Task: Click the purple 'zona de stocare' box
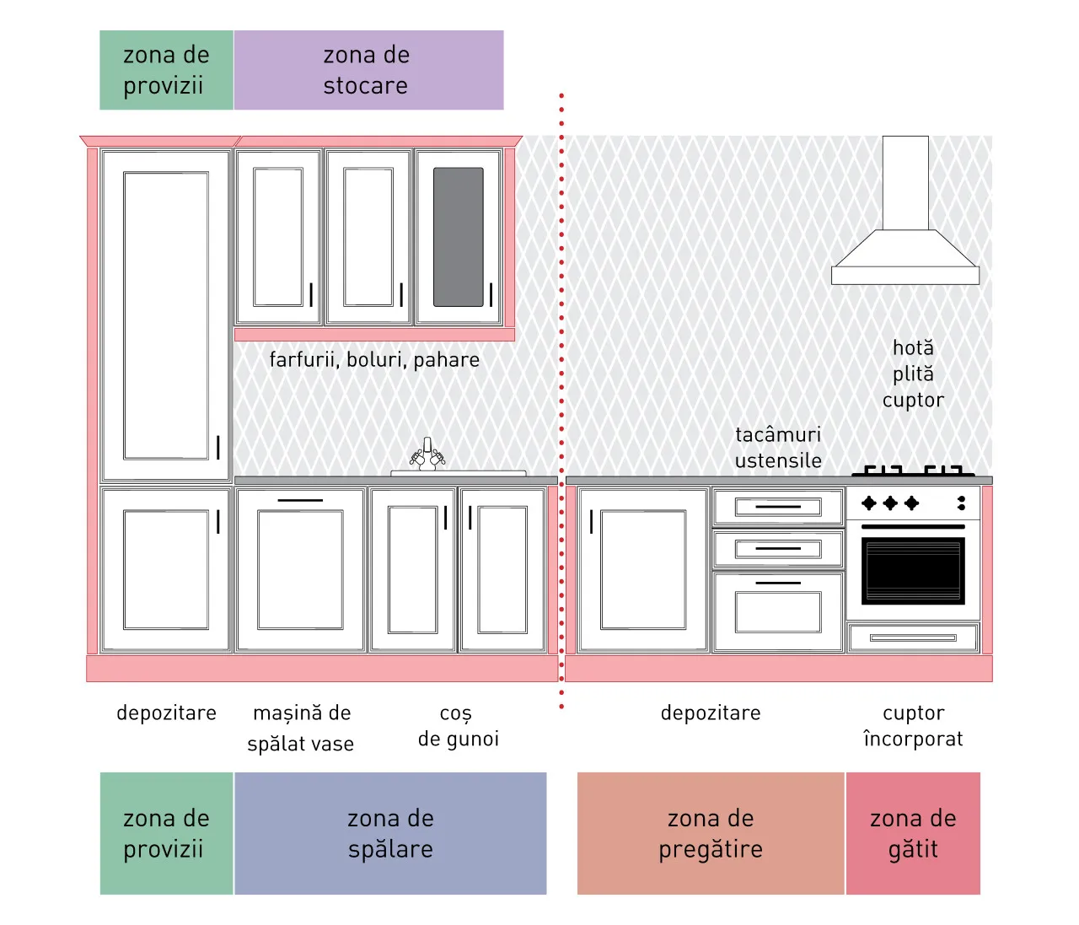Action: (368, 70)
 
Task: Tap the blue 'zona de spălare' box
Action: (390, 833)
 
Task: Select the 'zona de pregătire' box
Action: (711, 833)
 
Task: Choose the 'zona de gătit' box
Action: (913, 833)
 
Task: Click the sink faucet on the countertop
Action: (427, 454)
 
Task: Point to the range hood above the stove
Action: (905, 210)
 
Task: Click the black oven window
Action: (913, 571)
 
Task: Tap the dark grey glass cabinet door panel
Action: (459, 237)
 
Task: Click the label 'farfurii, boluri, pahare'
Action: (374, 360)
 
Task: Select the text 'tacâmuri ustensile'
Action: (778, 448)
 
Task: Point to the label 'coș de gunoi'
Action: (459, 726)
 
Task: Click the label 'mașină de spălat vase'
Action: (301, 728)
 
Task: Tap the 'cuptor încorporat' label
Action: (913, 726)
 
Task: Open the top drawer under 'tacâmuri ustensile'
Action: (778, 507)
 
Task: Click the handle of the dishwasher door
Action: (300, 500)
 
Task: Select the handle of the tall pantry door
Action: (218, 448)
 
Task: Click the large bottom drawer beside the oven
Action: (778, 611)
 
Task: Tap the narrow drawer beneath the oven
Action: (913, 637)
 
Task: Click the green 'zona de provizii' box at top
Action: (167, 70)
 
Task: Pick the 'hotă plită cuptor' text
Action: (913, 374)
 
